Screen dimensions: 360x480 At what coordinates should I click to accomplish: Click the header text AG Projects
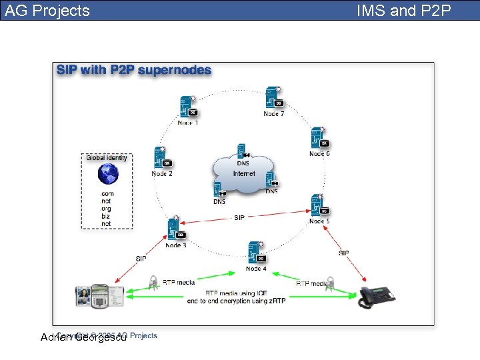coord(47,11)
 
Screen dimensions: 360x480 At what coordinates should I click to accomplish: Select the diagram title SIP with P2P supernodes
coord(134,70)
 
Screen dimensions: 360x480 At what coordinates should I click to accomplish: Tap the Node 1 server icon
coord(187,107)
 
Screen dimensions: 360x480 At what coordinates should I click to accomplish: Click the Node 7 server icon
coord(273,97)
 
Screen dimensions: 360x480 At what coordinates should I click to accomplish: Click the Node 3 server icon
coord(176,229)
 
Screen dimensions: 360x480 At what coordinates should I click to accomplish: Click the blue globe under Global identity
coord(107,174)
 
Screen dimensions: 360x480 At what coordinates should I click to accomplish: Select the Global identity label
coord(107,158)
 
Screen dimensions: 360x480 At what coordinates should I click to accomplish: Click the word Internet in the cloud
coord(244,173)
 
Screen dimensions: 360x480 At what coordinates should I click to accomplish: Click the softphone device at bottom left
coord(99,294)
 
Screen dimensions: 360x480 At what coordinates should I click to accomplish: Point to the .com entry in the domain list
coord(107,194)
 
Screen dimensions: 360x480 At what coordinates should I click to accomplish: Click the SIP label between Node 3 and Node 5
coord(239,217)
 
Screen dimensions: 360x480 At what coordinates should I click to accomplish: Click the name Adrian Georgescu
coord(83,337)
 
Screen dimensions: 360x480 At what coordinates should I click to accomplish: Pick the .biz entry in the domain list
coord(105,217)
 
